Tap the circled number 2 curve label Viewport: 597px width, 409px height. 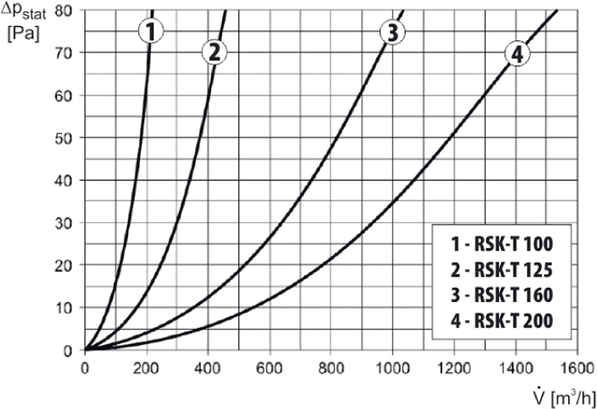pyautogui.click(x=214, y=51)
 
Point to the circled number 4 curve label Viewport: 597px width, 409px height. pyautogui.click(x=516, y=55)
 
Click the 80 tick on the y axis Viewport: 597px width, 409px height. pyautogui.click(x=67, y=11)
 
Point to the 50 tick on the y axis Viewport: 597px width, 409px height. pyautogui.click(x=67, y=138)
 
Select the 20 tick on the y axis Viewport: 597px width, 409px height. pyautogui.click(x=67, y=265)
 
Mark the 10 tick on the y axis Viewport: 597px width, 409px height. pyautogui.click(x=67, y=307)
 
